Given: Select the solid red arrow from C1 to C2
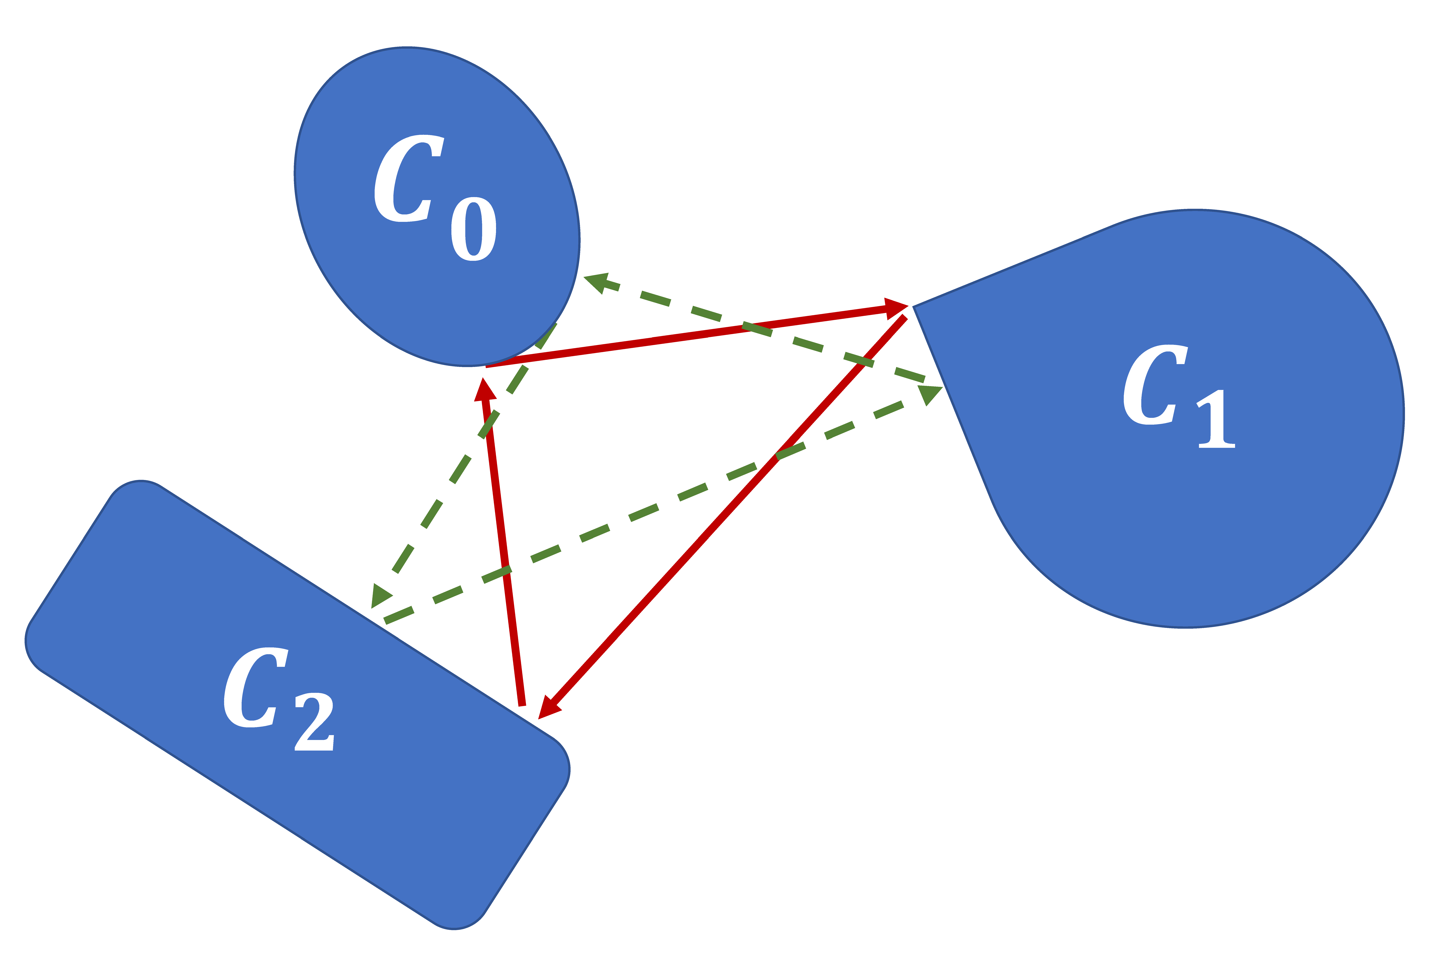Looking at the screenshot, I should point(724,515).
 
